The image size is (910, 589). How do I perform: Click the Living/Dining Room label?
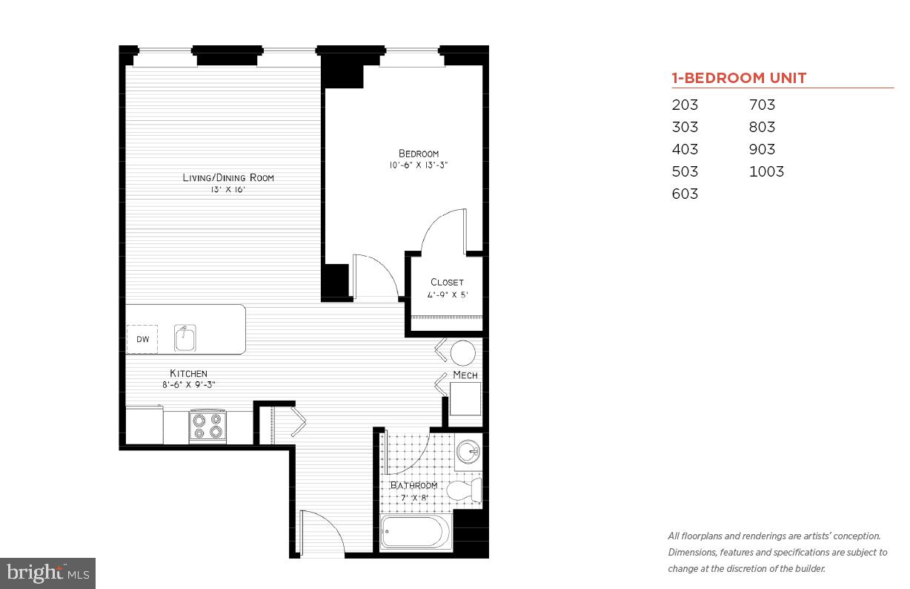point(228,177)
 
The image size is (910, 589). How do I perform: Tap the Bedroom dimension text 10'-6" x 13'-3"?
point(419,165)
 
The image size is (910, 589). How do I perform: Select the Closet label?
point(447,282)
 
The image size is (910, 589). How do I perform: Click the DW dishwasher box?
point(142,340)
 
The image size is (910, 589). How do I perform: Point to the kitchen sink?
point(185,338)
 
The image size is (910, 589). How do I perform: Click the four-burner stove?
point(207,426)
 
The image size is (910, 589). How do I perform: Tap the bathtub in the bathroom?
point(415,532)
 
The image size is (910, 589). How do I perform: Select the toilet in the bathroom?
point(466,490)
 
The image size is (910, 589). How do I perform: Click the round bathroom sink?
point(468,451)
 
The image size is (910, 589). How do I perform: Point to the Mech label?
point(465,375)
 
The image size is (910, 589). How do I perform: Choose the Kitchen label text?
point(188,373)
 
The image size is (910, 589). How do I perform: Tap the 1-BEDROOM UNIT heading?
point(739,78)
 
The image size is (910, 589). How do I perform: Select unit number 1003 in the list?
point(766,171)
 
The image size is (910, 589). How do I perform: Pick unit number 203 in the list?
point(685,105)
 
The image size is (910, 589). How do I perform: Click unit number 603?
point(685,194)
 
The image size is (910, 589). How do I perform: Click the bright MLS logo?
point(47,573)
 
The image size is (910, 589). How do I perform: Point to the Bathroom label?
point(414,485)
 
